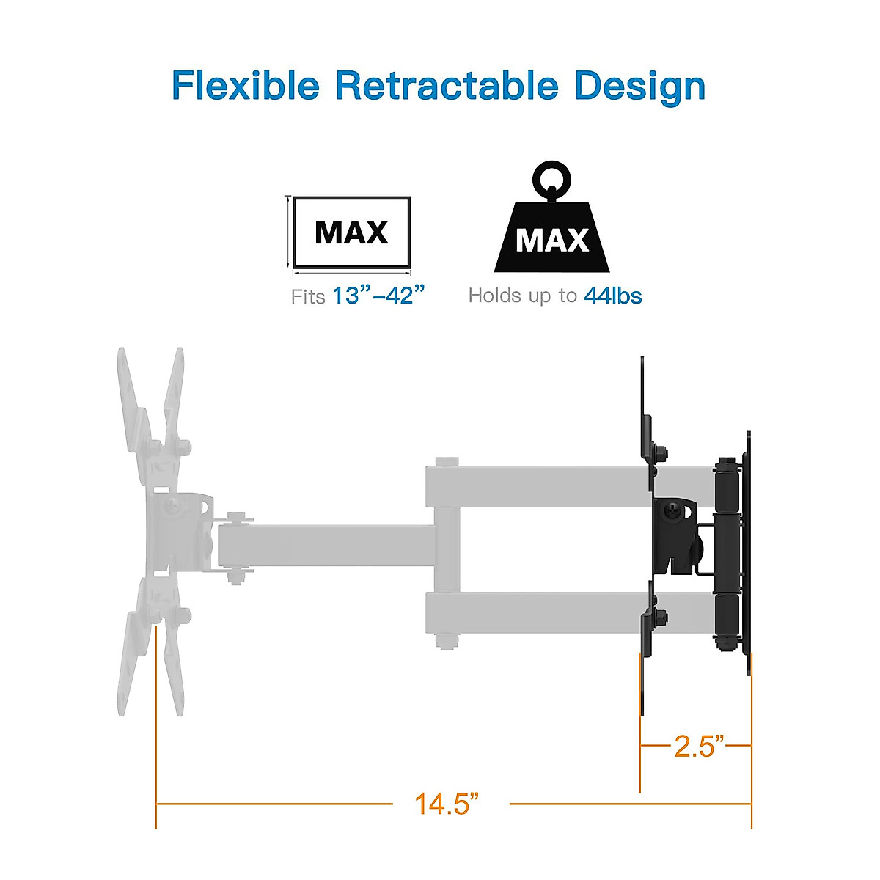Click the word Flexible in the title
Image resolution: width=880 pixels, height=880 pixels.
pyautogui.click(x=246, y=86)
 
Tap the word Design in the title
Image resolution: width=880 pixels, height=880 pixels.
pyautogui.click(x=639, y=87)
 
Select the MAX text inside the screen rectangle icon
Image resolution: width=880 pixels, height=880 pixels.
pyautogui.click(x=351, y=233)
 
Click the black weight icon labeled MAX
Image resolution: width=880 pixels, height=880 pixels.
pyautogui.click(x=551, y=238)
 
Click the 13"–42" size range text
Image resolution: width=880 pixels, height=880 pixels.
pyautogui.click(x=378, y=296)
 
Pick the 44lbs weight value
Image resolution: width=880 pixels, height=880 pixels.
pyautogui.click(x=613, y=296)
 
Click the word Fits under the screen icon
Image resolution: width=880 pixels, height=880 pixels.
pyautogui.click(x=308, y=297)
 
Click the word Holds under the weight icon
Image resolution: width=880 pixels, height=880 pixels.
pyautogui.click(x=496, y=296)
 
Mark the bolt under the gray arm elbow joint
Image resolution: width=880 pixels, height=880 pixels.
pyautogui.click(x=444, y=641)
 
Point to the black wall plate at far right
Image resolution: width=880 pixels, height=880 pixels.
pyautogui.click(x=747, y=550)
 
